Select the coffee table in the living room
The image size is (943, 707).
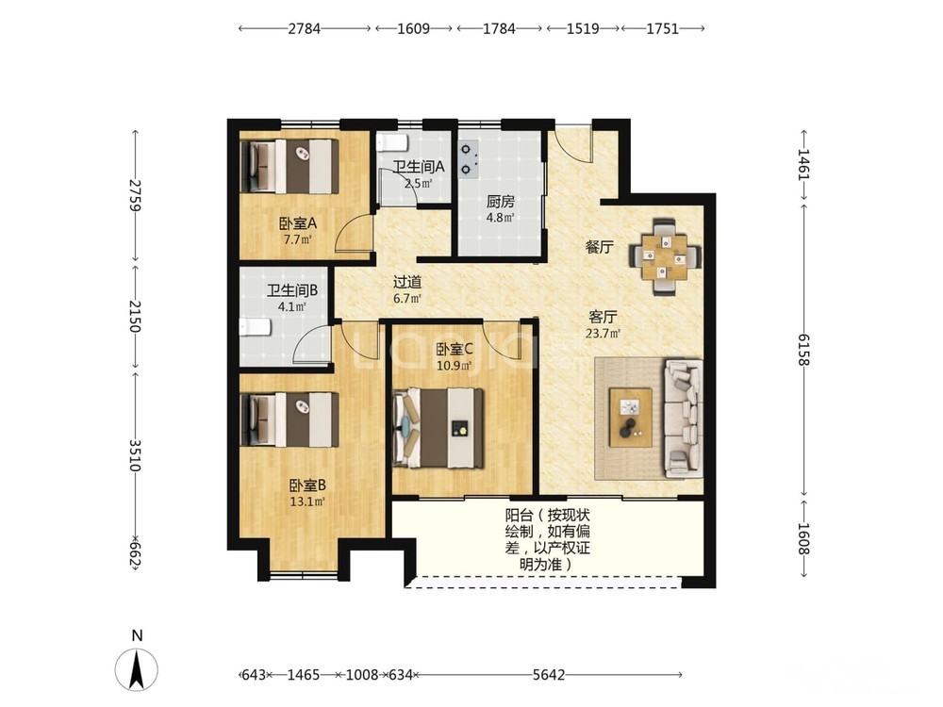pos(630,417)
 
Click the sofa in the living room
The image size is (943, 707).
pos(683,419)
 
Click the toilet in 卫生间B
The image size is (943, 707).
pos(256,328)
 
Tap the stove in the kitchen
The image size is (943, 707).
pos(469,159)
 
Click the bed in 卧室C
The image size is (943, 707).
pos(438,427)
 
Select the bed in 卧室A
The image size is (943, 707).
pos(290,167)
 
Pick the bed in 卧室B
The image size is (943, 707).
pos(290,419)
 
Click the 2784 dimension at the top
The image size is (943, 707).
pos(304,28)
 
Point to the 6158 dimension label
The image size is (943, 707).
pos(803,349)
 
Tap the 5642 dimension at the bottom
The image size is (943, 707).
pos(549,675)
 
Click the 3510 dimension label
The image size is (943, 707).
pos(136,455)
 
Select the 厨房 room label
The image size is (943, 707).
pos(501,202)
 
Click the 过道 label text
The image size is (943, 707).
pos(407,281)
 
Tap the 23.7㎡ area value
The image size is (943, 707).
pos(603,333)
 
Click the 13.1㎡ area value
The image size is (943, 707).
pos(307,501)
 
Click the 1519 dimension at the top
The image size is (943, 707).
pos(582,28)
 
